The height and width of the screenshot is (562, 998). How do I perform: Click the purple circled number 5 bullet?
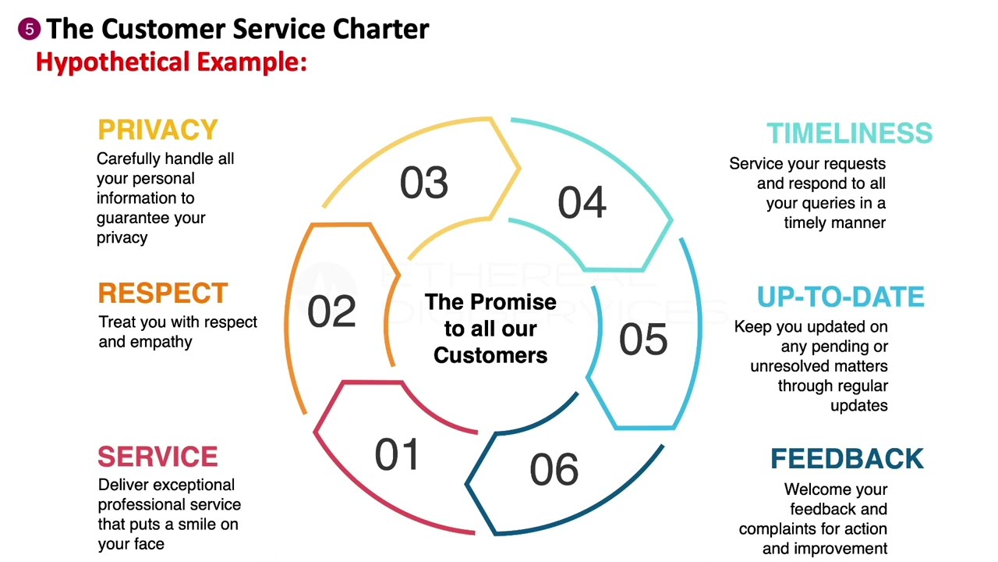(29, 30)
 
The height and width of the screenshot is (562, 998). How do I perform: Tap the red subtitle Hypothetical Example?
(172, 62)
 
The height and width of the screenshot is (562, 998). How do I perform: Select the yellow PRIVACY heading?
(157, 130)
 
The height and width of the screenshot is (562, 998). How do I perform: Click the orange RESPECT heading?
(163, 293)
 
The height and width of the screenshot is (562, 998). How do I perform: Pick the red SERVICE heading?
(157, 457)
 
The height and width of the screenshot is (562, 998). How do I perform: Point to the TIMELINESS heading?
(849, 133)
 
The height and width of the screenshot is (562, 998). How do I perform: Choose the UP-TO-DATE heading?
(841, 297)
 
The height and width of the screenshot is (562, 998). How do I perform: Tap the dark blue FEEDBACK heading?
(847, 459)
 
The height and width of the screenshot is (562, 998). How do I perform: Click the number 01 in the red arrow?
(397, 454)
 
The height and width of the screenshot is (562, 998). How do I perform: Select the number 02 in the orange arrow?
(331, 311)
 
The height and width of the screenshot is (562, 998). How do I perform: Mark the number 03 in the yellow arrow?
(424, 183)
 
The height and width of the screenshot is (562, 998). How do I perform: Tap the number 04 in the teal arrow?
(582, 203)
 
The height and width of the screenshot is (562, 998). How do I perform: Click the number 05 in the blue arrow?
(643, 340)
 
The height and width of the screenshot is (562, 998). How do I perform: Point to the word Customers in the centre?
(490, 355)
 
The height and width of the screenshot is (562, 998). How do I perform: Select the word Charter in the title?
(381, 29)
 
